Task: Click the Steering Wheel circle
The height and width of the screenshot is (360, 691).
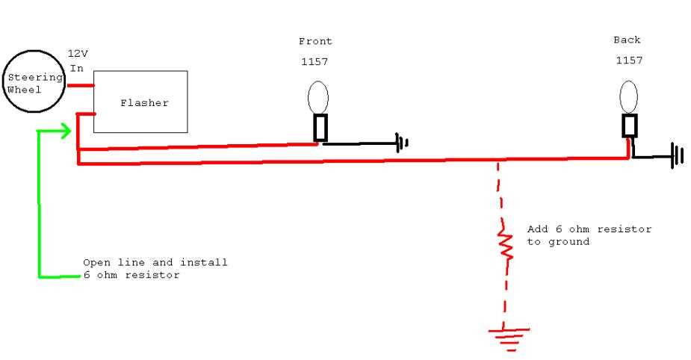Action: pyautogui.click(x=4, y=81)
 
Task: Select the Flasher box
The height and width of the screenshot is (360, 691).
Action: pyautogui.click(x=94, y=102)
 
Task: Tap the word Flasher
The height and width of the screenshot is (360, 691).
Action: pyautogui.click(x=144, y=103)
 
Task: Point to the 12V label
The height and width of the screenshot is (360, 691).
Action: pyautogui.click(x=78, y=54)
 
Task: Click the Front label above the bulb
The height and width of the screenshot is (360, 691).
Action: pyautogui.click(x=315, y=41)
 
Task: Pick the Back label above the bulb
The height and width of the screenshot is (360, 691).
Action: pyautogui.click(x=627, y=40)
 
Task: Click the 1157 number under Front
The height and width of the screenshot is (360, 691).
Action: pyautogui.click(x=314, y=62)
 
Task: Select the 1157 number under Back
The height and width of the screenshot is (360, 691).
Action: pyautogui.click(x=629, y=60)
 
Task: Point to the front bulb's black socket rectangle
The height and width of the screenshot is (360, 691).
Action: pyautogui.click(x=314, y=128)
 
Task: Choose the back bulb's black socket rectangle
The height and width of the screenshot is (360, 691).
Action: pyautogui.click(x=623, y=126)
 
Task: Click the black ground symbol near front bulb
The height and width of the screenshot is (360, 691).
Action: pyautogui.click(x=402, y=143)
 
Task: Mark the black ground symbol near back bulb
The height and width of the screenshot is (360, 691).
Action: pyautogui.click(x=678, y=155)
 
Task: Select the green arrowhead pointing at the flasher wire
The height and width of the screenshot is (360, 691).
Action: pyautogui.click(x=66, y=131)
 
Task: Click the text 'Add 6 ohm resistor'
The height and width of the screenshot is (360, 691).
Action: pyautogui.click(x=589, y=229)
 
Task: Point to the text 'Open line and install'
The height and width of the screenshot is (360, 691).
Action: pyautogui.click(x=155, y=263)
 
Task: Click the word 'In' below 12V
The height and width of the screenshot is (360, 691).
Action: pyautogui.click(x=77, y=68)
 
